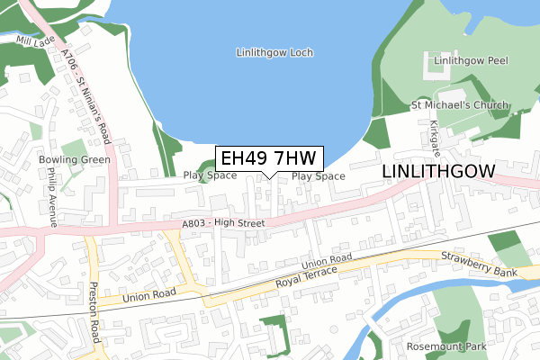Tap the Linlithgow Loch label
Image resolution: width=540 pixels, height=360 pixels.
tap(274, 53)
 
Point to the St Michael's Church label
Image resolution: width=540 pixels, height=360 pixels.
tap(460, 106)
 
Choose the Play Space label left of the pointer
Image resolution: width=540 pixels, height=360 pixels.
tap(210, 175)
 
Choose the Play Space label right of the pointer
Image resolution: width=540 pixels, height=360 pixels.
tap(319, 176)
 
